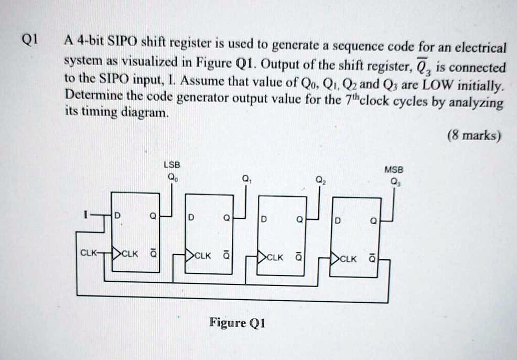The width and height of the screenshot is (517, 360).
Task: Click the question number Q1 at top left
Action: (x=29, y=40)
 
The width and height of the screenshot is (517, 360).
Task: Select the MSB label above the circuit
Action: (x=393, y=170)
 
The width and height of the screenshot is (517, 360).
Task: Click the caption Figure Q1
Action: (x=238, y=322)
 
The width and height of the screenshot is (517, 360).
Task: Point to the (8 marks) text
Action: (x=475, y=136)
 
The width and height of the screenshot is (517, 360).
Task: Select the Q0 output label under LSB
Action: (x=169, y=177)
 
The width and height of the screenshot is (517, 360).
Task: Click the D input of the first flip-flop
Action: (x=117, y=215)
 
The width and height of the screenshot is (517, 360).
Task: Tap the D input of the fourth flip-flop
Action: (x=338, y=220)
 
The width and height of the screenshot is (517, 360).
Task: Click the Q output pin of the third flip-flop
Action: (x=299, y=220)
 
